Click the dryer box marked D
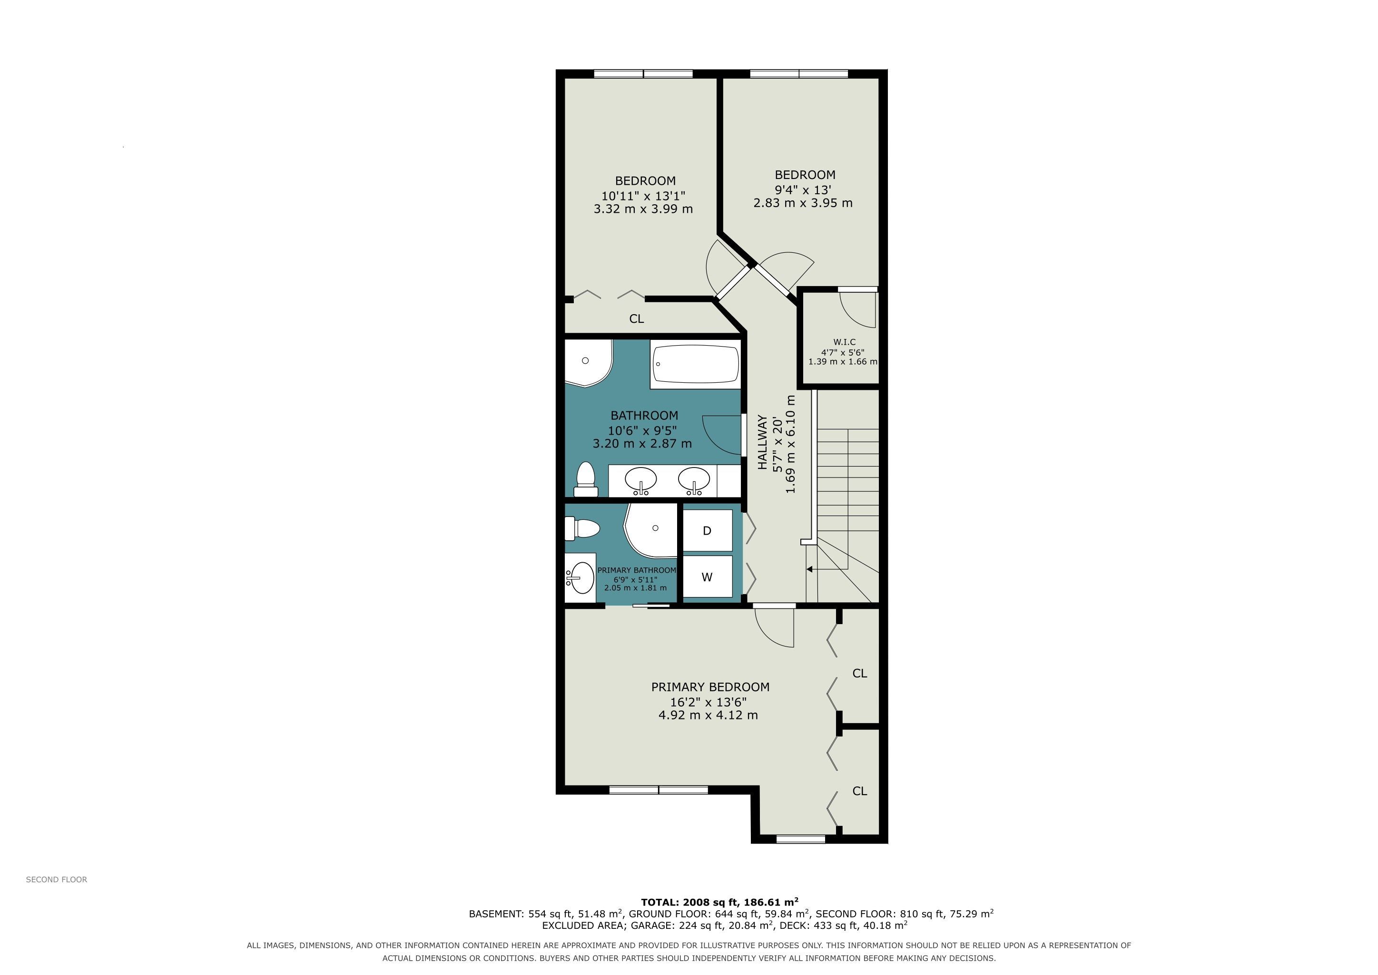(708, 530)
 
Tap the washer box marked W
(708, 577)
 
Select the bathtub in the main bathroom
(696, 364)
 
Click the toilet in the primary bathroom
(582, 529)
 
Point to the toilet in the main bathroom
(585, 479)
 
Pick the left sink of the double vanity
(641, 480)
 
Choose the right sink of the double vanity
(694, 480)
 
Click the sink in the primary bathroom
(579, 577)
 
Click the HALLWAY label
(762, 442)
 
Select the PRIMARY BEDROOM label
(710, 687)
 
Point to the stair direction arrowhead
(810, 568)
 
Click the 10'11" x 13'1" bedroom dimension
(643, 196)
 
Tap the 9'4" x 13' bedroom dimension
(803, 190)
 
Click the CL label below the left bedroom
(637, 319)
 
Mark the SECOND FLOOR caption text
(57, 879)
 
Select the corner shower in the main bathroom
(588, 363)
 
